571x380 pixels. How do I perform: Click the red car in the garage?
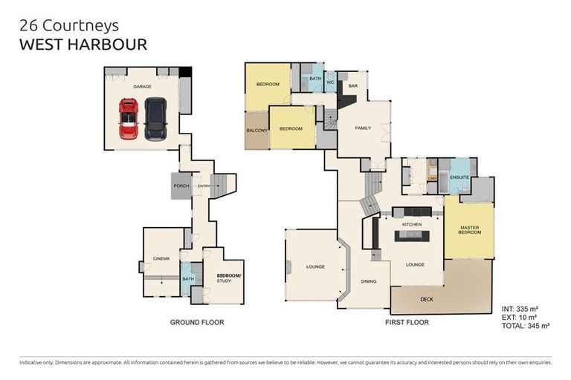coord(129,119)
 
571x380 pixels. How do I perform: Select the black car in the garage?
coord(155,119)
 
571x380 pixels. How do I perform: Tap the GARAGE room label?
coord(142,87)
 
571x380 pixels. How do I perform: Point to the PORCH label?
coord(181,186)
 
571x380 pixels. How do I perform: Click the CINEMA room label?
coord(161,258)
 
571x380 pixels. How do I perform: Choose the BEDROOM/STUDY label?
coord(225,278)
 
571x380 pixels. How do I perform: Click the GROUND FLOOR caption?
coord(197,322)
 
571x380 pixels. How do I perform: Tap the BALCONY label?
coord(257,131)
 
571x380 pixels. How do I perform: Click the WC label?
coord(330,82)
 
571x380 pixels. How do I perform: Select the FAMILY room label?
coord(362,128)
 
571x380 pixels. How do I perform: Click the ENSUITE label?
coord(459,177)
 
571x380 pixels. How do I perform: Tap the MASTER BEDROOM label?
coord(469,230)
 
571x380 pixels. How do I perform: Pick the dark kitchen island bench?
coord(412,236)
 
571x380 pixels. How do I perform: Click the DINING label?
coord(368,281)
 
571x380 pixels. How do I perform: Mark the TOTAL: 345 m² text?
coord(525,325)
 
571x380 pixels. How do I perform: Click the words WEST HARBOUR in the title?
coord(83,44)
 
